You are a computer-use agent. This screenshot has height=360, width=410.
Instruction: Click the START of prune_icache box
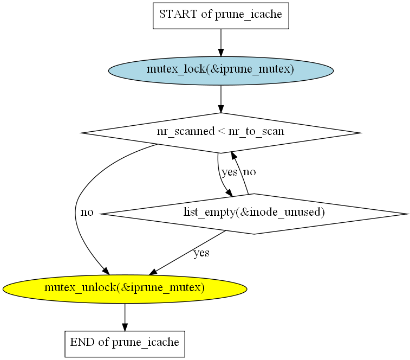click(220, 15)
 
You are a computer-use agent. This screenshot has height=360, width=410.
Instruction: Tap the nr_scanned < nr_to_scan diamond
click(220, 132)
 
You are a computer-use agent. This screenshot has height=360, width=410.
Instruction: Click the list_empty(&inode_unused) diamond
click(254, 213)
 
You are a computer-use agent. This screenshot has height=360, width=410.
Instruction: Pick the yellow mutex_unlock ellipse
click(125, 288)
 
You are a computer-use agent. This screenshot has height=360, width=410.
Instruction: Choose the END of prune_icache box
click(125, 343)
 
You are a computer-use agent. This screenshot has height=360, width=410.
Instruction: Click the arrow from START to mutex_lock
click(220, 41)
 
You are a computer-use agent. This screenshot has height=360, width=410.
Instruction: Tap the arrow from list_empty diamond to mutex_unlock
click(187, 252)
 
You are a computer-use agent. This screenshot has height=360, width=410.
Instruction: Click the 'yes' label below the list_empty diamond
click(201, 253)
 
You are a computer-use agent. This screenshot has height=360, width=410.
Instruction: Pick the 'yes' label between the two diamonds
click(230, 172)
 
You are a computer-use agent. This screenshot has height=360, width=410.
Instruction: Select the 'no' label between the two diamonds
click(249, 172)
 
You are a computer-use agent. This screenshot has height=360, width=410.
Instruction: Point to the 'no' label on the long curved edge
click(87, 212)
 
